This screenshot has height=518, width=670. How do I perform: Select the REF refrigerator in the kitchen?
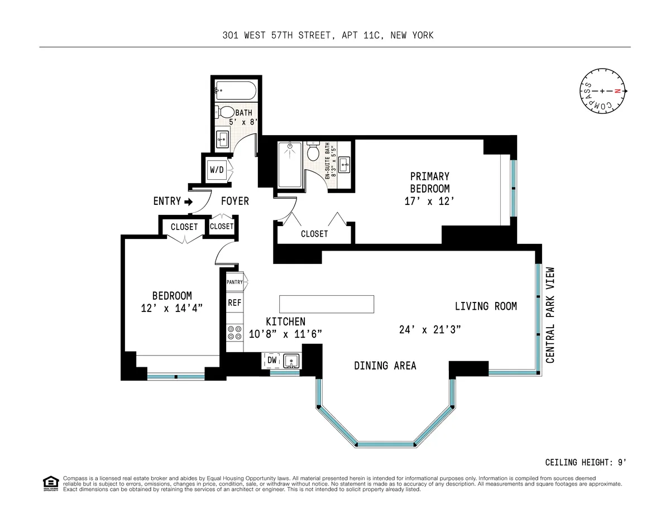pos(234,303)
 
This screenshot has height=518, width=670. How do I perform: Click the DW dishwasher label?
pos(272,361)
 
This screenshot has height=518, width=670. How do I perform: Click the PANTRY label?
pos(235,282)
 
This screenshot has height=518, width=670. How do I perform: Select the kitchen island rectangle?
pos(327,304)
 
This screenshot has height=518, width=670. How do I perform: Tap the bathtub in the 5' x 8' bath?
pos(236,89)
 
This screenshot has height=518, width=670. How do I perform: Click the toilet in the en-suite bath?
pos(313,152)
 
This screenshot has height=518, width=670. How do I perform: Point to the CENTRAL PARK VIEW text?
pos(550,315)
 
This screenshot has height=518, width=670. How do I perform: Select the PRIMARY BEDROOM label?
pos(429,183)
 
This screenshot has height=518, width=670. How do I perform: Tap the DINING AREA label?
pos(385,366)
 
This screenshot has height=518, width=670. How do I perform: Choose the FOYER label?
pos(234,201)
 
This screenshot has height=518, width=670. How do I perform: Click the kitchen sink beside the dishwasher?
pos(291,361)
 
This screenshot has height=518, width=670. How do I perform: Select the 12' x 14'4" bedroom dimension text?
pos(171,308)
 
